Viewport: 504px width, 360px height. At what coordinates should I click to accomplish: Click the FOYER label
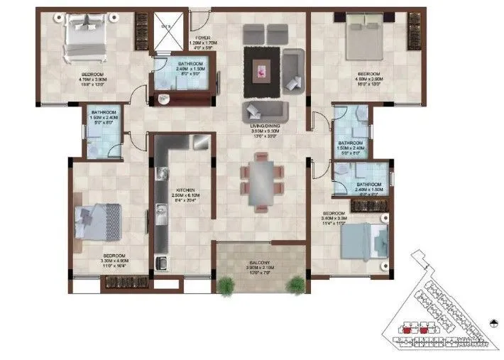coord(203,40)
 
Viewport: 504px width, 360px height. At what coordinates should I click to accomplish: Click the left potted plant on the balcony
coord(226,285)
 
